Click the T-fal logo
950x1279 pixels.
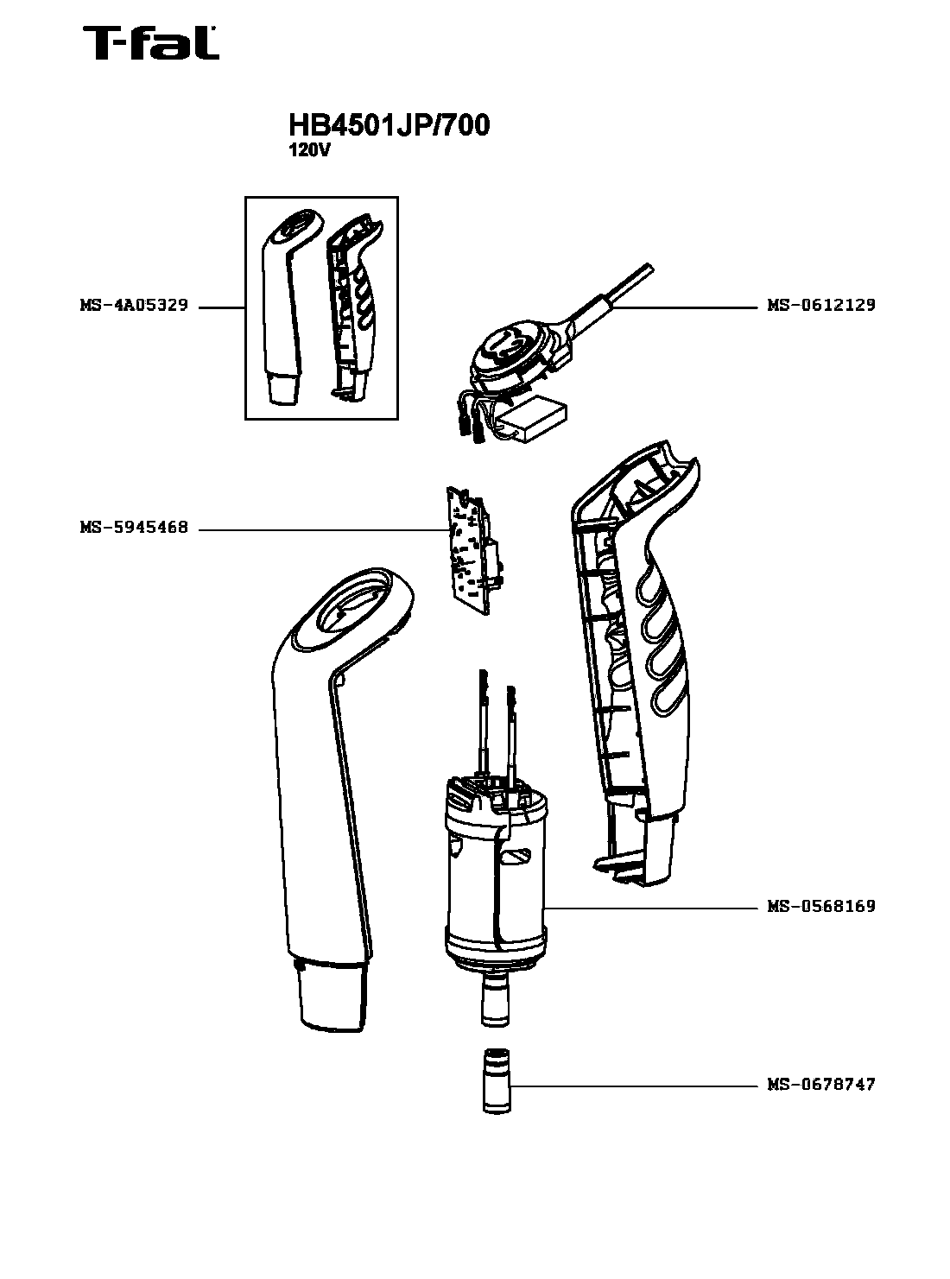point(151,42)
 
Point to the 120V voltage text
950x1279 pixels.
point(309,151)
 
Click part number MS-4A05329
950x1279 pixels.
point(135,305)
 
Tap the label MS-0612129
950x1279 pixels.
point(820,305)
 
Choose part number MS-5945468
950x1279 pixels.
point(135,527)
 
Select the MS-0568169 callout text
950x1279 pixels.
point(820,906)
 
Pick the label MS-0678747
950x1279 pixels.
point(820,1084)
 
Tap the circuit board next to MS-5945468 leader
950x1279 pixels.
point(475,551)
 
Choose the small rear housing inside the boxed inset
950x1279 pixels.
point(353,306)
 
